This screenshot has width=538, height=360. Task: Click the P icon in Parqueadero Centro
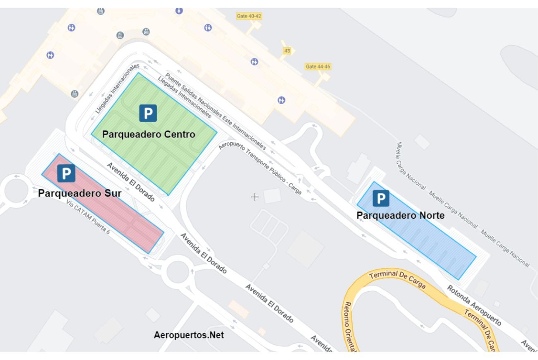click(x=148, y=113)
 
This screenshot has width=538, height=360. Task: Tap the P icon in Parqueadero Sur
click(x=66, y=173)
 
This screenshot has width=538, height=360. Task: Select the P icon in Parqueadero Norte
click(x=381, y=198)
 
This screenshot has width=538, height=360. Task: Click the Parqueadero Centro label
click(x=149, y=134)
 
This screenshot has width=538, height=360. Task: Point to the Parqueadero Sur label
click(x=80, y=193)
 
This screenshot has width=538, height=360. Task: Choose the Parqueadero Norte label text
click(x=401, y=216)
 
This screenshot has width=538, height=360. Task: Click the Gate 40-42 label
click(x=249, y=16)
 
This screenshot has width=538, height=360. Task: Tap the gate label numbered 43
click(x=287, y=50)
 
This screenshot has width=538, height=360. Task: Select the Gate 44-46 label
click(x=318, y=66)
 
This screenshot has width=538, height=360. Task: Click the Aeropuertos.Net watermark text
click(x=189, y=335)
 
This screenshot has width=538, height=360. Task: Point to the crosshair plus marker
click(x=255, y=197)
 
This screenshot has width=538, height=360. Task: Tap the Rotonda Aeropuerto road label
click(x=473, y=305)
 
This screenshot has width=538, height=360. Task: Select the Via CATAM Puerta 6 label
click(x=88, y=217)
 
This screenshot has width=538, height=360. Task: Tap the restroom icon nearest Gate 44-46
click(x=281, y=100)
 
